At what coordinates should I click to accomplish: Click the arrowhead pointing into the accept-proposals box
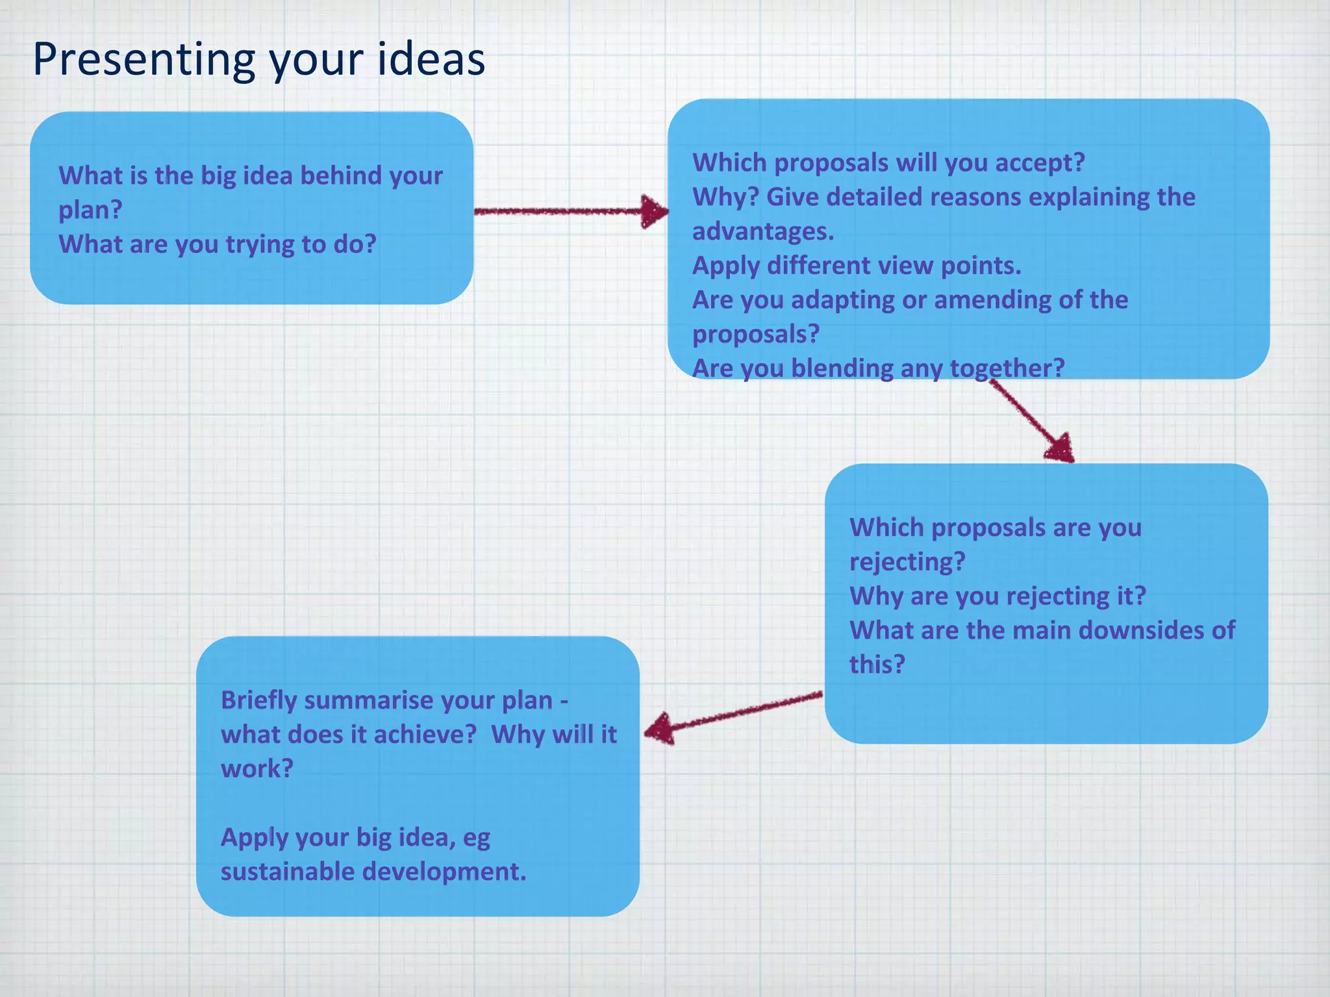pyautogui.click(x=655, y=211)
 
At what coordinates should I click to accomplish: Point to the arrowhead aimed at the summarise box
pyautogui.click(x=660, y=729)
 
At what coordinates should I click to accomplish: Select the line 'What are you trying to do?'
pyautogui.click(x=218, y=245)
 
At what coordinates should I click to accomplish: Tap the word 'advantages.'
pyautogui.click(x=763, y=232)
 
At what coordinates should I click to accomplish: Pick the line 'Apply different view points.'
pyautogui.click(x=857, y=266)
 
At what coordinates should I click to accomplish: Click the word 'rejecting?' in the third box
pyautogui.click(x=907, y=562)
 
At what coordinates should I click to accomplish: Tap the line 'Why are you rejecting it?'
pyautogui.click(x=997, y=596)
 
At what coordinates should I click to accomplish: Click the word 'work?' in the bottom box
pyautogui.click(x=257, y=769)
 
